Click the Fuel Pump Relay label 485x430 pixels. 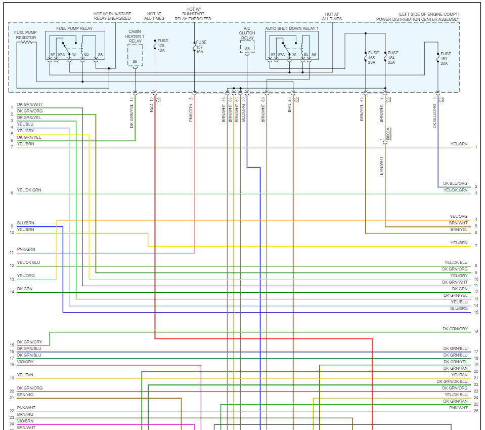(x=75, y=29)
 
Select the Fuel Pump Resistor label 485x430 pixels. (x=25, y=34)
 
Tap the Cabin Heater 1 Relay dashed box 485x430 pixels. (x=135, y=55)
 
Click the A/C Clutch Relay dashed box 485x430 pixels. (x=247, y=47)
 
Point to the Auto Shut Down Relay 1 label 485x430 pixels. (x=292, y=29)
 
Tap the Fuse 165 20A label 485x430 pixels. (x=373, y=57)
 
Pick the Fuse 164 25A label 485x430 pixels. (x=393, y=57)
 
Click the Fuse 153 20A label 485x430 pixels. (x=446, y=58)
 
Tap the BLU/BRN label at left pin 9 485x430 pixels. (x=26, y=223)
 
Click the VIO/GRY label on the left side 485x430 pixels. (x=25, y=362)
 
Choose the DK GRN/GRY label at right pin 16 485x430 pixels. (x=455, y=329)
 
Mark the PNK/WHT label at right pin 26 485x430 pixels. (x=458, y=408)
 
